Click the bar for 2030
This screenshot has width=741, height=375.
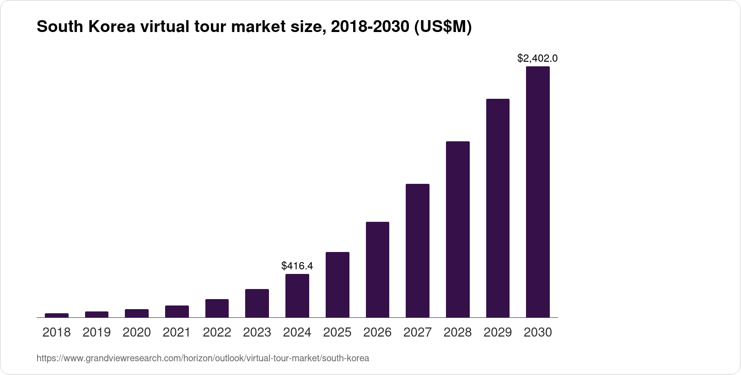[x=537, y=192]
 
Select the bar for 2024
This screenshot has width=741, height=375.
[x=297, y=296]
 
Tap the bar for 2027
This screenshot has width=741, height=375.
[x=417, y=251]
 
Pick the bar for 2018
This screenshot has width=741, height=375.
[x=57, y=315]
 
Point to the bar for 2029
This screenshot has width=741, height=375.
[x=498, y=208]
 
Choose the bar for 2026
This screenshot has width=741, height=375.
[x=377, y=270]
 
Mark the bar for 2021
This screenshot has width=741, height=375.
[x=177, y=311]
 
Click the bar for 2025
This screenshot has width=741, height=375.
[x=337, y=284]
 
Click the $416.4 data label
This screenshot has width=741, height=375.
[x=297, y=266]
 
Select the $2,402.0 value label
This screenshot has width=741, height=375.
[x=537, y=59]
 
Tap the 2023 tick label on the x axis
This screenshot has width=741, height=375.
[x=257, y=332]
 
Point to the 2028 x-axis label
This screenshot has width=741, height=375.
[x=457, y=332]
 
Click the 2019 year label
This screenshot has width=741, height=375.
[x=97, y=332]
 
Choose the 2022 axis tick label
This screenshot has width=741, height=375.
[x=217, y=332]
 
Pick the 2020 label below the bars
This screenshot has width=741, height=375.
[x=137, y=332]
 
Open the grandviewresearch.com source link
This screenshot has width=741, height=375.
[x=203, y=359]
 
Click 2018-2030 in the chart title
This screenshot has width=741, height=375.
[x=370, y=27]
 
